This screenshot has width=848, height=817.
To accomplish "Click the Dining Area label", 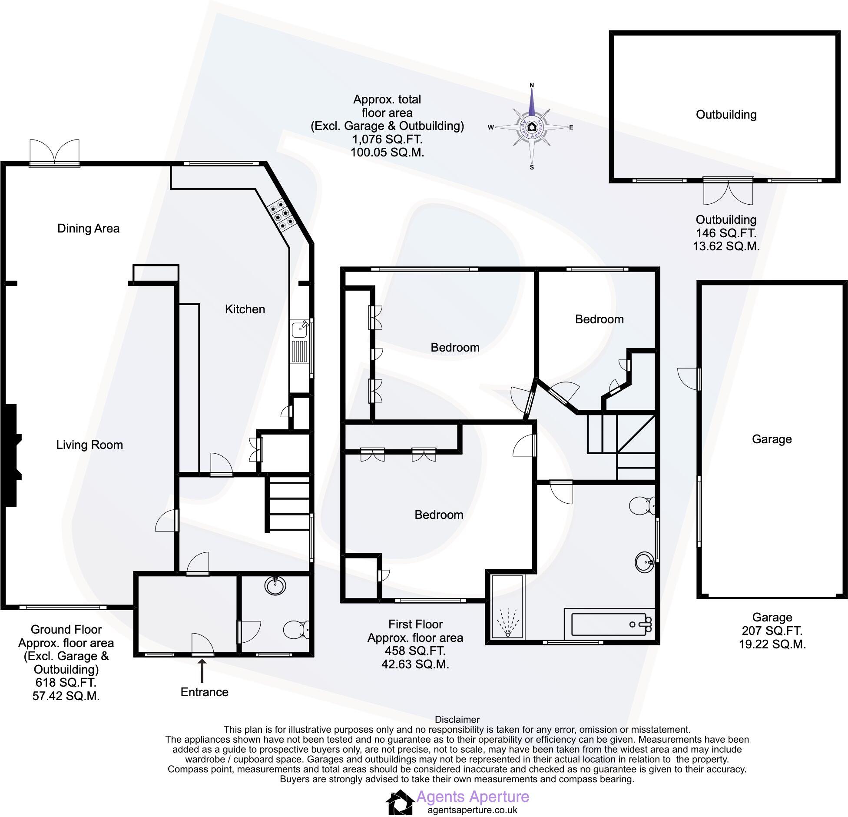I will click(88, 229).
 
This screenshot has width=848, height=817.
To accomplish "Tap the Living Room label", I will click(89, 445).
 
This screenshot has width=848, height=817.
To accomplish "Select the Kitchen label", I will click(245, 309).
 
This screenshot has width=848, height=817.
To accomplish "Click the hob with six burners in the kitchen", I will click(280, 214).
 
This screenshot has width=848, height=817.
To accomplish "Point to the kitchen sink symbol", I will click(300, 330).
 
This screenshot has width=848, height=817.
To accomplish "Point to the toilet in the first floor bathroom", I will click(643, 505).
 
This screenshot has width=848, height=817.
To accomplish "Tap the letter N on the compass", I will click(531, 85).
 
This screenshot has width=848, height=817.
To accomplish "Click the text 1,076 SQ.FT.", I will click(387, 139).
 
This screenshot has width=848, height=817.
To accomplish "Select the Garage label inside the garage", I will click(772, 439).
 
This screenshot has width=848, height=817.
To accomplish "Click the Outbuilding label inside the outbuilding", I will click(726, 115).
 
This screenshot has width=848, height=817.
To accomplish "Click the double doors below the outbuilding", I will click(728, 192).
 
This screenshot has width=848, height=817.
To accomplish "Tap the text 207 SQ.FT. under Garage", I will click(772, 631).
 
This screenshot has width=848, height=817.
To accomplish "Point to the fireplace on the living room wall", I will click(11, 455).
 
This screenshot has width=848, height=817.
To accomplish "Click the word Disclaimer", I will click(457, 720).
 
